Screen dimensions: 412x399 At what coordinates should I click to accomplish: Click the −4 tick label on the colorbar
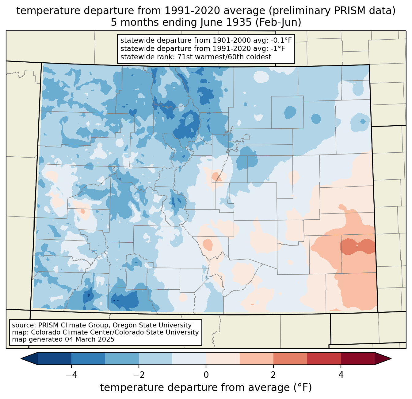pyautogui.click(x=71, y=375)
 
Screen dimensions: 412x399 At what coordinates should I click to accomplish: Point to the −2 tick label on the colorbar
pyautogui.click(x=139, y=375)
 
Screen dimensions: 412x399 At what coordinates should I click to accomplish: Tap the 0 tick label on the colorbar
pyautogui.click(x=206, y=375)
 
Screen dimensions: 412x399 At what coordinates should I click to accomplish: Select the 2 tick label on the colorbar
pyautogui.click(x=273, y=375)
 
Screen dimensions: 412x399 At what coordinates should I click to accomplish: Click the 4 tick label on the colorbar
pyautogui.click(x=341, y=375)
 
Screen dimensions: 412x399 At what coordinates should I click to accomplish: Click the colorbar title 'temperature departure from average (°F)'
pyautogui.click(x=206, y=388)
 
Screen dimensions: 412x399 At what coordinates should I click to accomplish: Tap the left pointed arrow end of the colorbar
pyautogui.click(x=29, y=359)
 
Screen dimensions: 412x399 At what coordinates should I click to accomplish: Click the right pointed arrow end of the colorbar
pyautogui.click(x=383, y=359)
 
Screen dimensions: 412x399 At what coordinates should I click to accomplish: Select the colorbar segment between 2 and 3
pyautogui.click(x=290, y=359)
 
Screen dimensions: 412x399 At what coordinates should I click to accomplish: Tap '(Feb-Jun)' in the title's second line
pyautogui.click(x=278, y=22)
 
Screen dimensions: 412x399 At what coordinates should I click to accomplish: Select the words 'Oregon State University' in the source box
pyautogui.click(x=152, y=325)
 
